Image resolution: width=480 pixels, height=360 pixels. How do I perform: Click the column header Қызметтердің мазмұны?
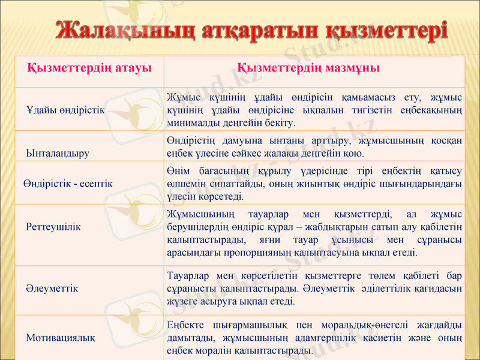point(309,68)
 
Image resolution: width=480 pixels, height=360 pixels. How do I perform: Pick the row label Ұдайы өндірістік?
point(65,110)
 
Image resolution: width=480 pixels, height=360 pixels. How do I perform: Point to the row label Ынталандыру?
point(58,152)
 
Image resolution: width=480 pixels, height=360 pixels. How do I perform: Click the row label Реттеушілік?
point(53,227)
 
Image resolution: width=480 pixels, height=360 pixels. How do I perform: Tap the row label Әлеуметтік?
point(52,289)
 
